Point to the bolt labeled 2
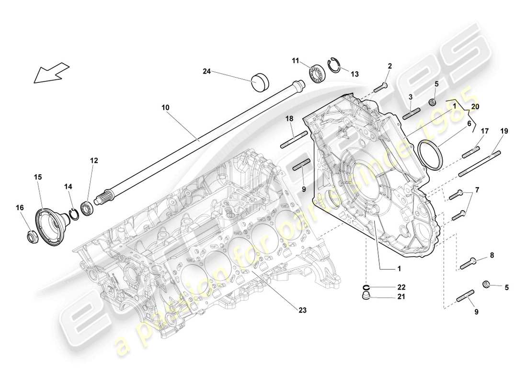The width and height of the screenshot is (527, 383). point(381,87)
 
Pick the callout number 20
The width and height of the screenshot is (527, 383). point(474,106)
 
